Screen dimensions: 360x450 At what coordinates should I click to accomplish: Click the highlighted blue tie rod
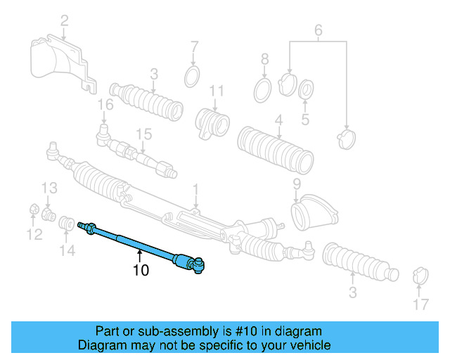pyautogui.click(x=141, y=243)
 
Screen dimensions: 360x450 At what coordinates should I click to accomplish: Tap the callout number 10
pyautogui.click(x=141, y=270)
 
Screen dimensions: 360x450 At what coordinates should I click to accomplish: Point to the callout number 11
pyautogui.click(x=217, y=91)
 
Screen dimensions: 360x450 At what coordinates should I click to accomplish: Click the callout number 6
pyautogui.click(x=317, y=30)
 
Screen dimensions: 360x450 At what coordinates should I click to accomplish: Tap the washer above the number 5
pyautogui.click(x=307, y=91)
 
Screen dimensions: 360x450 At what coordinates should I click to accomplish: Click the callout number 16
pyautogui.click(x=105, y=105)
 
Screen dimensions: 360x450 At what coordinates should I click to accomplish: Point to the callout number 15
pyautogui.click(x=143, y=134)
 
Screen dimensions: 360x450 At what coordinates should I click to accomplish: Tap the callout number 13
pyautogui.click(x=48, y=188)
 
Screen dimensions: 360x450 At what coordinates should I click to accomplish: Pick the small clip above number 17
pyautogui.click(x=419, y=275)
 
